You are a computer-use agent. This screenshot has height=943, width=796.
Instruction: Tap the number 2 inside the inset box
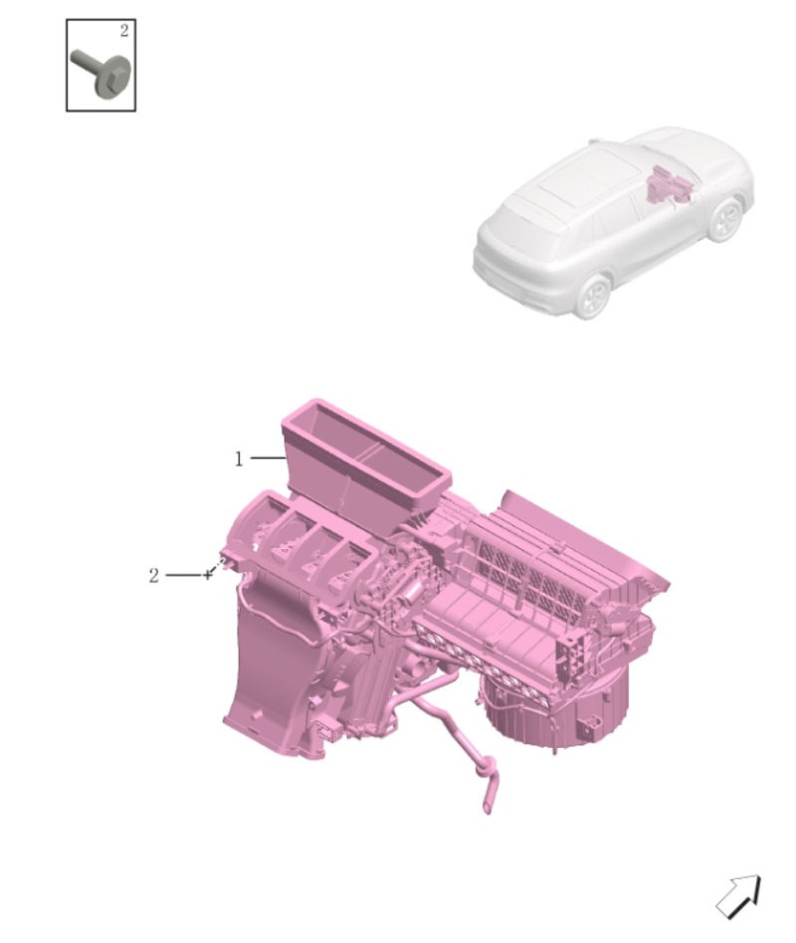124,31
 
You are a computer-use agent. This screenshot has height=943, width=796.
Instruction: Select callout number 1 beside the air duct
239,460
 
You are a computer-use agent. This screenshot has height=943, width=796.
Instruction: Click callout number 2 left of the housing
154,576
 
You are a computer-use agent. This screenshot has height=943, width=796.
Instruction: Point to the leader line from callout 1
268,459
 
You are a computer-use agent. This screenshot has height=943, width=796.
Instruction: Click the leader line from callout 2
186,576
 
